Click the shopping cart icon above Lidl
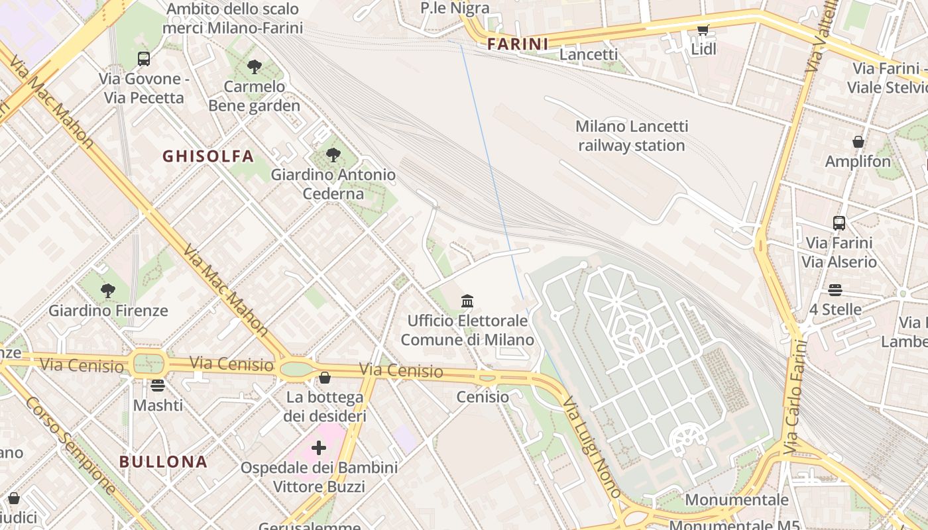point(703,30)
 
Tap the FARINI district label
point(518,44)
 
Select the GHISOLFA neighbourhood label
point(208,156)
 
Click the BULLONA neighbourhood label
point(164,462)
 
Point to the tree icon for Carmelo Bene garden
point(254,66)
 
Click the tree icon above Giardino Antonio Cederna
point(333,155)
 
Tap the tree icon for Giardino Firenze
point(107,290)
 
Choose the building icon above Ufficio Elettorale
point(467,301)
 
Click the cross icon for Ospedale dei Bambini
point(319,448)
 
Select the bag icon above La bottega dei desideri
point(324,378)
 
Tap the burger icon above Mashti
point(158,385)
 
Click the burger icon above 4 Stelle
point(835,290)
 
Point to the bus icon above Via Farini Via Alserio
point(839,223)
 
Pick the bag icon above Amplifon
point(858,142)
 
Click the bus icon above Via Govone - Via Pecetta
point(143,58)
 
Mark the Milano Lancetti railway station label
point(631,136)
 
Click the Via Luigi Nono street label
point(593,447)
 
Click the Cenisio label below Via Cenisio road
point(483,397)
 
